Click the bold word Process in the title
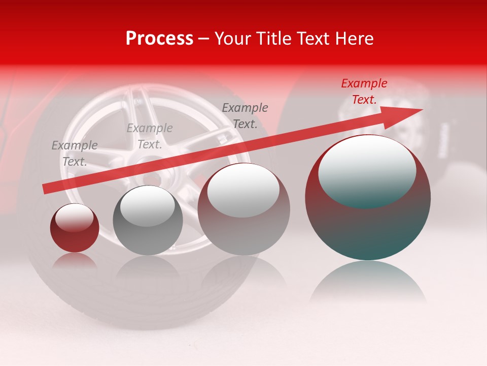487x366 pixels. point(159,39)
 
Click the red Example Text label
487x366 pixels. point(364,91)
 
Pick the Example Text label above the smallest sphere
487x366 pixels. point(75,154)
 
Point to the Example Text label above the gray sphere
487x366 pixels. point(150,136)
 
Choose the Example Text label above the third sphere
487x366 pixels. point(245,116)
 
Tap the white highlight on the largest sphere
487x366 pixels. point(367,168)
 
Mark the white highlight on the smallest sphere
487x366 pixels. point(74,217)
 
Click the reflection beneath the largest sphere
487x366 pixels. point(368,282)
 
